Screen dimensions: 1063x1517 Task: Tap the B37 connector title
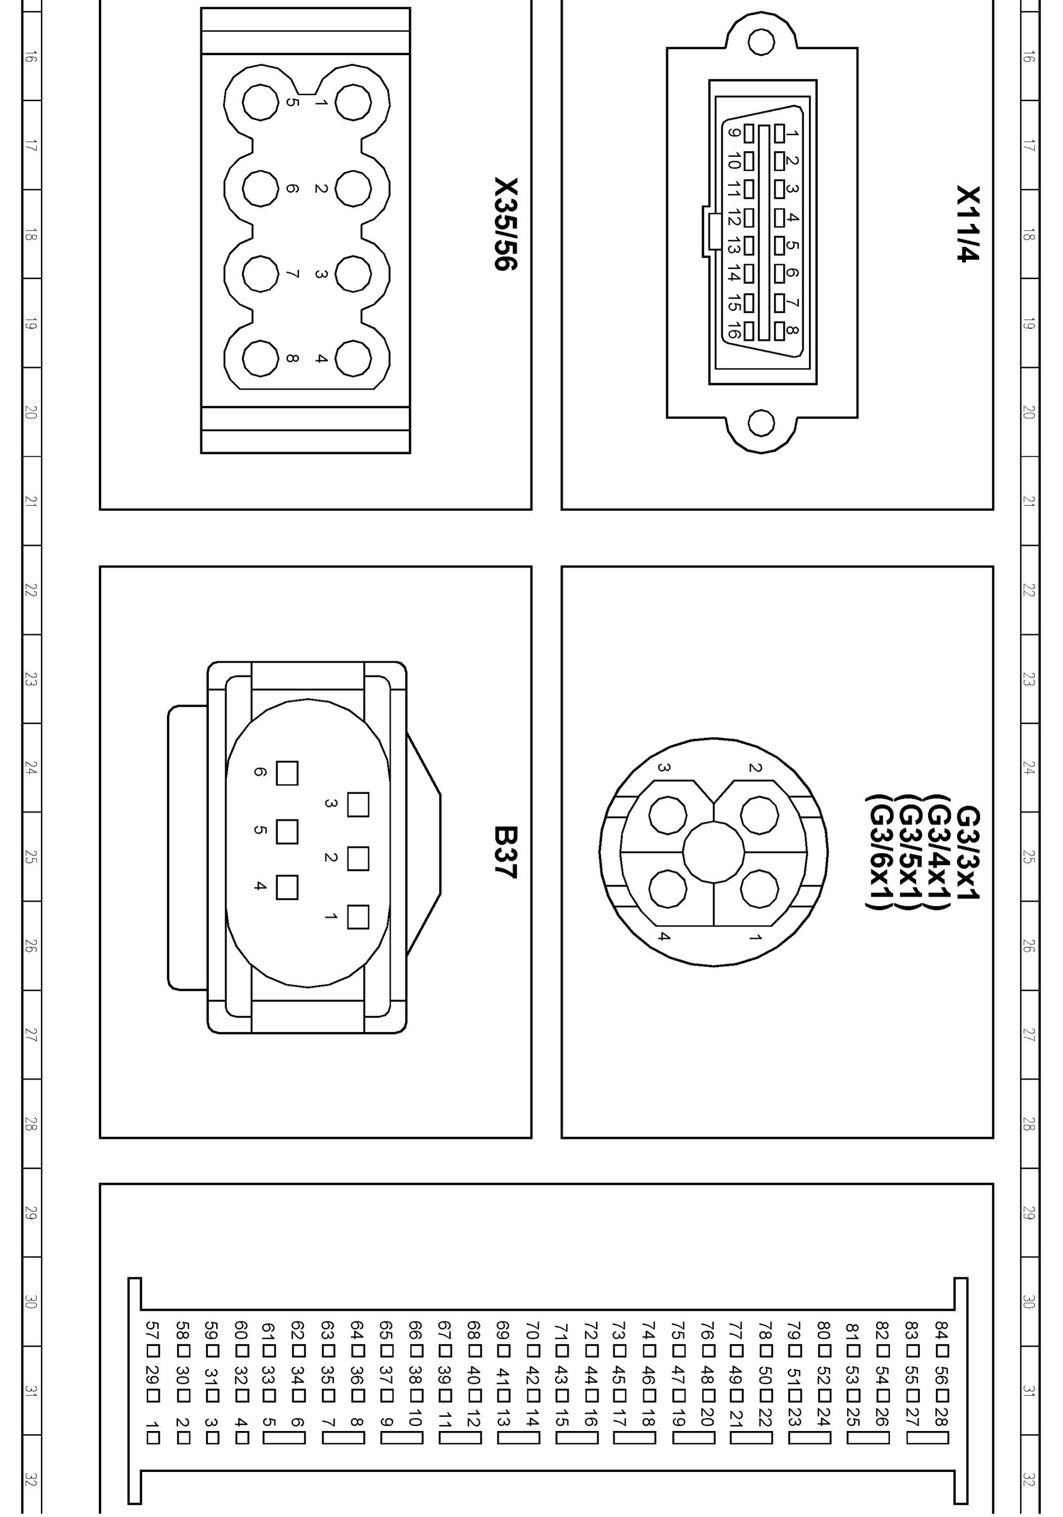(506, 852)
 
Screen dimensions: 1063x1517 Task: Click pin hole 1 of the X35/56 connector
(353, 102)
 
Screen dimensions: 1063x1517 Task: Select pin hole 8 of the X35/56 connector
(261, 359)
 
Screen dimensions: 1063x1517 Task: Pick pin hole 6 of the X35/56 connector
(261, 188)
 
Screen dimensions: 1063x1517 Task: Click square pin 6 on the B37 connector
(287, 773)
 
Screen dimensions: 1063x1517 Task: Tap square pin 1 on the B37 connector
(358, 918)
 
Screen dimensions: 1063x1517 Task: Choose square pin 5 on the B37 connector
(287, 832)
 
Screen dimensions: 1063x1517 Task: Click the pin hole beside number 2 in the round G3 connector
(759, 815)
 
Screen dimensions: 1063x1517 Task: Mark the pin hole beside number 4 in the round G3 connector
(668, 889)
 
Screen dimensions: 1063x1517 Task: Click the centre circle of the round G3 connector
(714, 852)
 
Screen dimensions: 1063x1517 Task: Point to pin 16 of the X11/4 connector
(748, 331)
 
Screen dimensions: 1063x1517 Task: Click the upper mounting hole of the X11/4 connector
(761, 41)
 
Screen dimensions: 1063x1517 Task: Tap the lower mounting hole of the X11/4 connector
(761, 423)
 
